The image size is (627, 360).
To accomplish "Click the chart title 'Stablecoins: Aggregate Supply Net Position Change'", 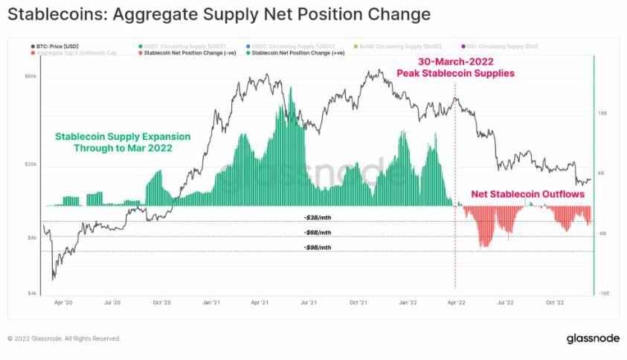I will point(219,14).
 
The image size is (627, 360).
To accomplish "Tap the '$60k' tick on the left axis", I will point(31,76).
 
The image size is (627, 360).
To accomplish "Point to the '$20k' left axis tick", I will point(31,164).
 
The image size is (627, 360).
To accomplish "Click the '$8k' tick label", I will point(33,237).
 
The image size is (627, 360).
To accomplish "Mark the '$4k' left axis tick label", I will point(33,294).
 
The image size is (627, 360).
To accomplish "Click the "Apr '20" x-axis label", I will point(64,303).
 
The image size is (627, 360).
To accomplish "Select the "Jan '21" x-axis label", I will point(210,303).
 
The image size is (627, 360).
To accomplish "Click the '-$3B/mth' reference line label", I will point(317,217).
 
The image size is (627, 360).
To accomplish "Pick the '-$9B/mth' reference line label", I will point(317,247).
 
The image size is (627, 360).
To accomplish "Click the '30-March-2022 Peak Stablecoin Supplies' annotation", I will point(455,68).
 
